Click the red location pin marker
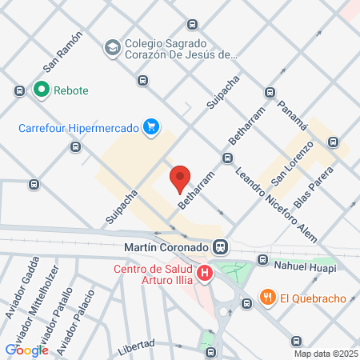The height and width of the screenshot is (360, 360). [181, 178]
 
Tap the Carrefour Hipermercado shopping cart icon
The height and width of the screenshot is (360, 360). [150, 126]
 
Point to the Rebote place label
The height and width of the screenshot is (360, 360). [71, 90]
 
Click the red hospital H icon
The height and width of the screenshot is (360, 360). [206, 274]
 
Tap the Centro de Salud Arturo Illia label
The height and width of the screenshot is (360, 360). [154, 274]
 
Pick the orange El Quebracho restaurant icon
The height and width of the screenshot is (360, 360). [267, 298]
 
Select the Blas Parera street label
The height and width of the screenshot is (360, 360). [311, 190]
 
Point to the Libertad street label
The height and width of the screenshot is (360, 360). [135, 345]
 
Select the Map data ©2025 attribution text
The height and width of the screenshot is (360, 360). [325, 354]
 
